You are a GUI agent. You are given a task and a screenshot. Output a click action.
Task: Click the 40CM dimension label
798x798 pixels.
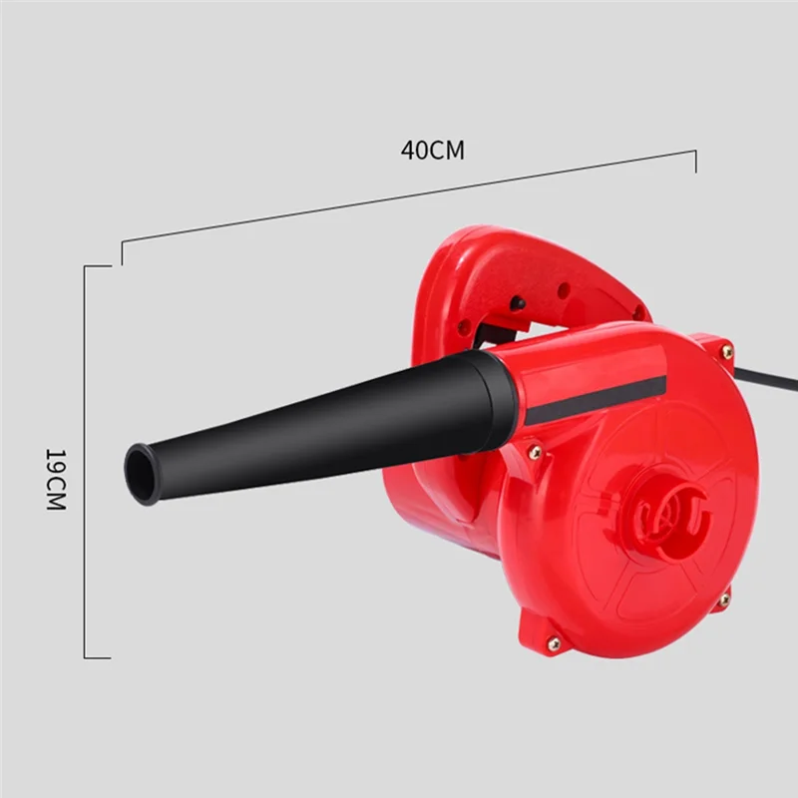[433, 151]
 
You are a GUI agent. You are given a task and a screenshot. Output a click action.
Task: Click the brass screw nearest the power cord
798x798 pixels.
[727, 351]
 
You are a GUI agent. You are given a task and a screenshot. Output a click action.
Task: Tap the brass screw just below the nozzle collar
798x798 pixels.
[536, 452]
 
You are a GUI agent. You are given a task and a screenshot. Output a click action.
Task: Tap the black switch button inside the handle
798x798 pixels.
[518, 302]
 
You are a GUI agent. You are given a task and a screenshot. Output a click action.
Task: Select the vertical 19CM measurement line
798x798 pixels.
[84, 459]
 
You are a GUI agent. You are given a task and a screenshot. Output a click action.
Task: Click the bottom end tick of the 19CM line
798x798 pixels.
[98, 657]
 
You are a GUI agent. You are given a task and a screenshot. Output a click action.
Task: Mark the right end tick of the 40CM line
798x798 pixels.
[695, 161]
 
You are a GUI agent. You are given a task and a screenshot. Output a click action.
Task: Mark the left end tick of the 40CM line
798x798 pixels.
[122, 251]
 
